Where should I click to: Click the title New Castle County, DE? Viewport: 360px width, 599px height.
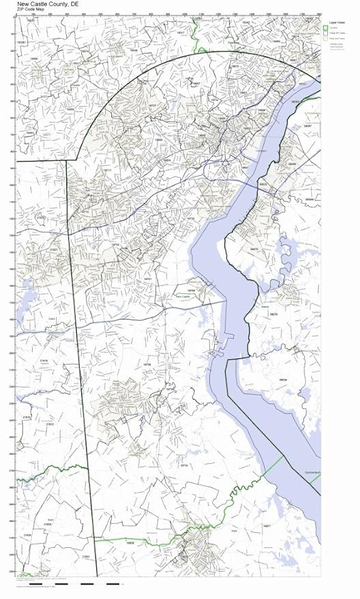pos(44,3)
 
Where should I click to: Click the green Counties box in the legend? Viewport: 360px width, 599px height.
pos(326,28)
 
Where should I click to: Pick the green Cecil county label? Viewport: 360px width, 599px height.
pos(52,319)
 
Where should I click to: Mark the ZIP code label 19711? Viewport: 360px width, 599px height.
pos(107,170)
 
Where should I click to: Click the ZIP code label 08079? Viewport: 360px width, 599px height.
pos(273,314)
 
